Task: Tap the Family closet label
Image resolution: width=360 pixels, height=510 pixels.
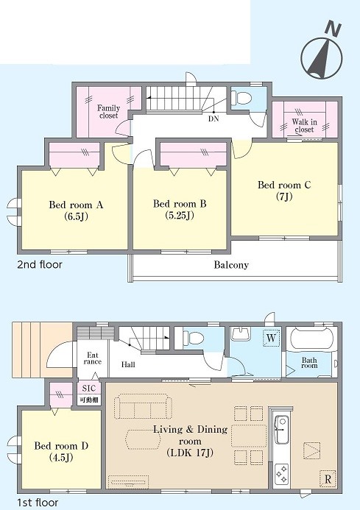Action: tap(108, 112)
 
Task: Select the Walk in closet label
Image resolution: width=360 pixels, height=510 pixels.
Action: tap(304, 126)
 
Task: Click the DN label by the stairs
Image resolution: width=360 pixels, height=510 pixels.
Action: tap(213, 118)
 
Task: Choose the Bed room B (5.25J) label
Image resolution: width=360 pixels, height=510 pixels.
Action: tap(180, 210)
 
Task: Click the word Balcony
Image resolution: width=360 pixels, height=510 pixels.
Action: tap(231, 265)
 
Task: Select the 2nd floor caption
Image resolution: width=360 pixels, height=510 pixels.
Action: tap(39, 264)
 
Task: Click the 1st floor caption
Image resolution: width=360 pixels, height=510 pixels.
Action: tap(38, 503)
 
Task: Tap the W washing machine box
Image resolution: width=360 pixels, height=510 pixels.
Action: tap(271, 338)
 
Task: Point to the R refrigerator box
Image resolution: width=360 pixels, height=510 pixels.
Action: tap(328, 479)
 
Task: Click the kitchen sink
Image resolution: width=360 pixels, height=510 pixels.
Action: tap(281, 429)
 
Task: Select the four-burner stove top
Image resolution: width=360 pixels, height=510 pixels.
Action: tap(281, 474)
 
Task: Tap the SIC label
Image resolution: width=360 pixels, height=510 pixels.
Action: tap(89, 389)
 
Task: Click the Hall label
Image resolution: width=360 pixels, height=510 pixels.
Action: tap(128, 364)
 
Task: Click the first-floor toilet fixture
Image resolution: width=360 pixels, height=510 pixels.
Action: tap(194, 338)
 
